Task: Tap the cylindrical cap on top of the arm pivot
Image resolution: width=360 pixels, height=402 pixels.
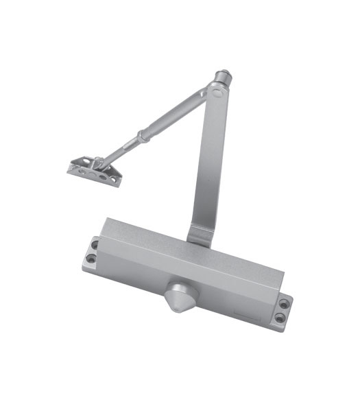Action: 224,75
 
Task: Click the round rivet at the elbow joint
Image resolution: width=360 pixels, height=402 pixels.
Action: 218,89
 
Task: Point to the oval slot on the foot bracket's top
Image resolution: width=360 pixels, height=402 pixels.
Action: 86,163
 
